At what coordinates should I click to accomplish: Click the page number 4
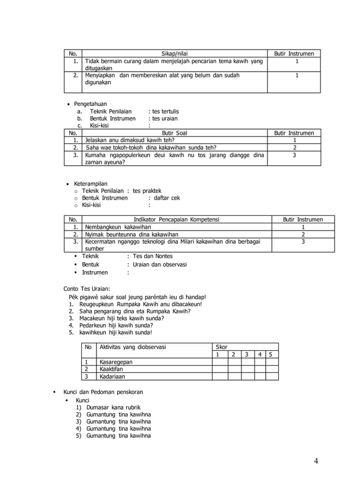(x=316, y=462)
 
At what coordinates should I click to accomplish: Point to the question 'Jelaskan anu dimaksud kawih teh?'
(x=130, y=140)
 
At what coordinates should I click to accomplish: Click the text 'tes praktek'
(x=147, y=191)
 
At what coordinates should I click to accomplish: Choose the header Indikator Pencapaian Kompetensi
(x=176, y=219)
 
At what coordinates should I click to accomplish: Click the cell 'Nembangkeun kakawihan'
(x=114, y=227)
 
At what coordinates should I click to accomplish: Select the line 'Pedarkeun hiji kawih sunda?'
(x=116, y=325)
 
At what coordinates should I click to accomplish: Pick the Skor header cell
(x=222, y=347)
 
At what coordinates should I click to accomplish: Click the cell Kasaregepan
(x=116, y=362)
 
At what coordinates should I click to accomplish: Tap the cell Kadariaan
(x=112, y=377)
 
